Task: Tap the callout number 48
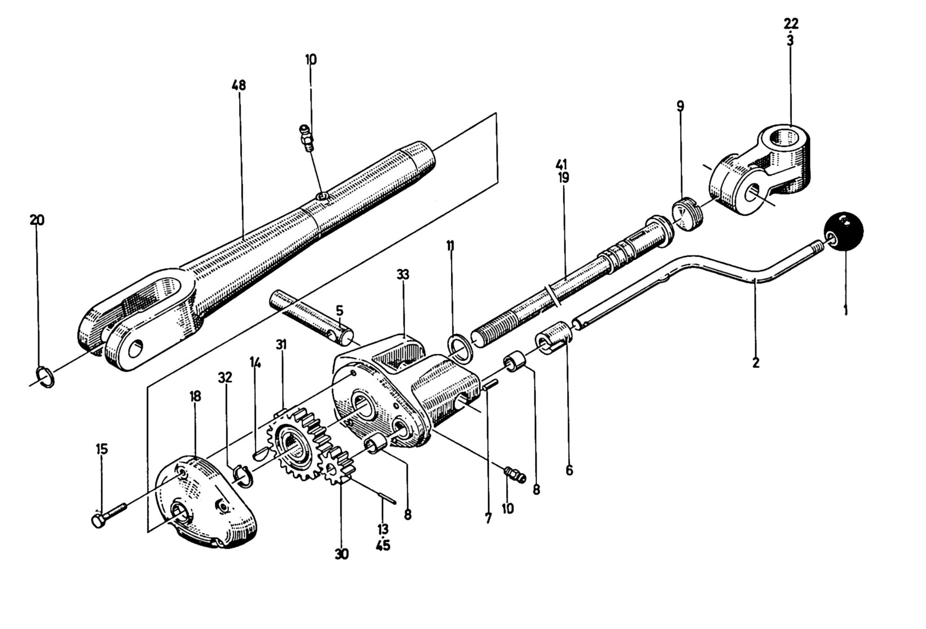(x=239, y=85)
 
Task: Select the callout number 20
(x=37, y=220)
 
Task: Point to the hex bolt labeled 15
(x=108, y=514)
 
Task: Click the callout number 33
(x=403, y=275)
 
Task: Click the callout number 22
(x=791, y=23)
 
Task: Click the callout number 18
(x=195, y=396)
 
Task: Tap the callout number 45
(x=383, y=545)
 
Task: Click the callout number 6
(x=569, y=470)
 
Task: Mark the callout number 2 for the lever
(x=755, y=363)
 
